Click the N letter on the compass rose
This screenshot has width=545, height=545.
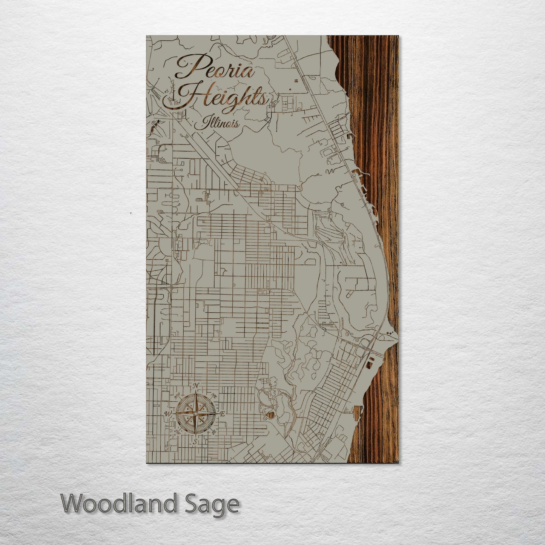195,386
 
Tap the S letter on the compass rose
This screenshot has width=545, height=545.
195,441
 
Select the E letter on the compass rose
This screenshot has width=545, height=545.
223,414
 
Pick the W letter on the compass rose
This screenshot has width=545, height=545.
167,414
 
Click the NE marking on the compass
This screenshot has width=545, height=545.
214,396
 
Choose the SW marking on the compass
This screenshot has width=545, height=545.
177,432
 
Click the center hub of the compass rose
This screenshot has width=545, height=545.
195,414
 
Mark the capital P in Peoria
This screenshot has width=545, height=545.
189,66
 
